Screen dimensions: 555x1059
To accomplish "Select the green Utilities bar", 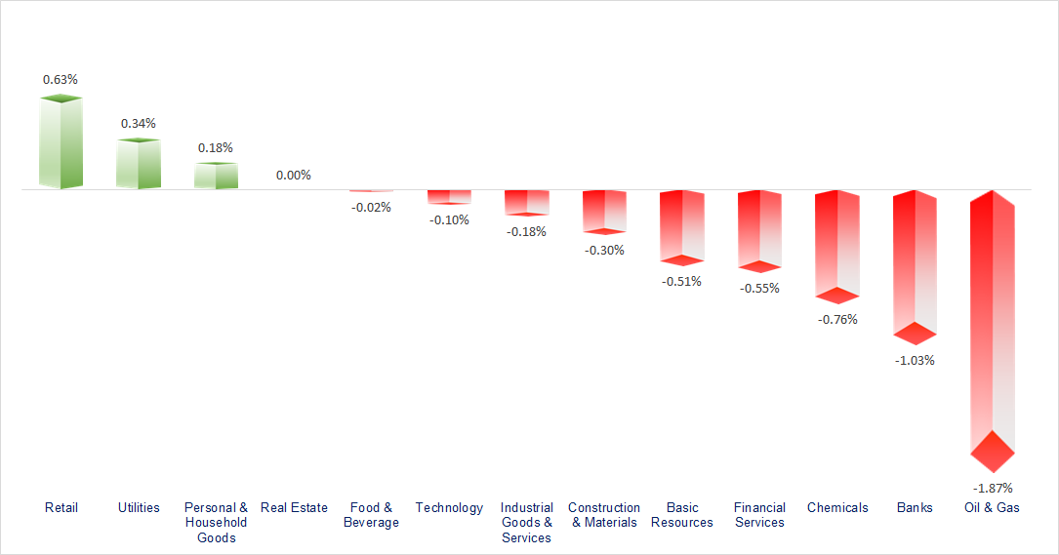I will (138, 164).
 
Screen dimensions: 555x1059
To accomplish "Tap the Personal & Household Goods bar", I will (216, 176).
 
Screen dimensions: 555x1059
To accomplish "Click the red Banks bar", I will (915, 264).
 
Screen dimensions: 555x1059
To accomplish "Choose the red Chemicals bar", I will (837, 244).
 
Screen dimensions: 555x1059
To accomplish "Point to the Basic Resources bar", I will (681, 226).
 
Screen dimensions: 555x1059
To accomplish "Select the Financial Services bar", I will (759, 229).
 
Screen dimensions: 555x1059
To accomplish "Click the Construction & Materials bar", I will (604, 211).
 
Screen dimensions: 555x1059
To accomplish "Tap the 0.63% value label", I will (61, 79).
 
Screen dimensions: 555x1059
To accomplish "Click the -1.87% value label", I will (993, 488).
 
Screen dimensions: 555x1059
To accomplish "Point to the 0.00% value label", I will (293, 176).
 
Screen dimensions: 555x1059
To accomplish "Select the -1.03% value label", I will (915, 360).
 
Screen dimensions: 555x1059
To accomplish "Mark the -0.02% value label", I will (371, 207).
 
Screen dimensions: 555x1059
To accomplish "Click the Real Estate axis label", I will (294, 507).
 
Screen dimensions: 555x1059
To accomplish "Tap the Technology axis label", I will (449, 507).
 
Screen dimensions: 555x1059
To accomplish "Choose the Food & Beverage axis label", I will (371, 515).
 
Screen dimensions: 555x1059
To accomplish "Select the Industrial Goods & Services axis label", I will (526, 523).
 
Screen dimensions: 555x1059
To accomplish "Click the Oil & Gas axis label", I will (992, 507).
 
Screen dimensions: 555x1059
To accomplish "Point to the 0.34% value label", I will (138, 123).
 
